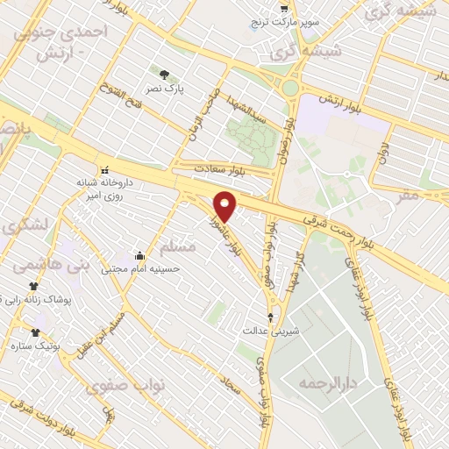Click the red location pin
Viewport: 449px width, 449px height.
226,207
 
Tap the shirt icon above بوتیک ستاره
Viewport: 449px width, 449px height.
35,332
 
